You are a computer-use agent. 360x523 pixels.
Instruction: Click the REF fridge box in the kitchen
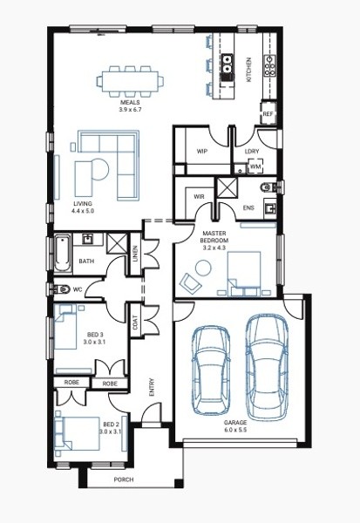[268, 113]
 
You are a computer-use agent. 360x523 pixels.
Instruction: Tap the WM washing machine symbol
[255, 166]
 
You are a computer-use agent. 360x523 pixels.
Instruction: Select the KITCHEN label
[248, 70]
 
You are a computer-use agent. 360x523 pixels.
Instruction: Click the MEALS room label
[130, 102]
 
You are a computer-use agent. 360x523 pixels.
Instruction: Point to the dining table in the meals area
[130, 81]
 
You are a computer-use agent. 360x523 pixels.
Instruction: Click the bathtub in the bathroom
[63, 253]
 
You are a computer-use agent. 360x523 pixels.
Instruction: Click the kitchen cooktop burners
[270, 65]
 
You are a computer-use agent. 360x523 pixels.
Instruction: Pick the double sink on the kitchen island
[228, 64]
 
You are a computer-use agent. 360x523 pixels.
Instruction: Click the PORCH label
[124, 479]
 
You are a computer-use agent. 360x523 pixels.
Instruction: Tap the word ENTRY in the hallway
[152, 387]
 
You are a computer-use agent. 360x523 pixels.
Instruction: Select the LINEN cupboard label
[135, 254]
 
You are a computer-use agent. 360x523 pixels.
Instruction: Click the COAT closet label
[135, 323]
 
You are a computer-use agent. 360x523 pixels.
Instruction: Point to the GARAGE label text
[235, 423]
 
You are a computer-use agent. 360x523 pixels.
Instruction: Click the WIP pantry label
[201, 151]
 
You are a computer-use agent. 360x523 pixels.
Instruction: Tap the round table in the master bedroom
[203, 268]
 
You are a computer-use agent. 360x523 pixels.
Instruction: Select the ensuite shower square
[228, 188]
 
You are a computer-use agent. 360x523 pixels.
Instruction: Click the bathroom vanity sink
[89, 239]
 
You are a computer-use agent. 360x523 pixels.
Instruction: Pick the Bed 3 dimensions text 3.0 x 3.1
[94, 342]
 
